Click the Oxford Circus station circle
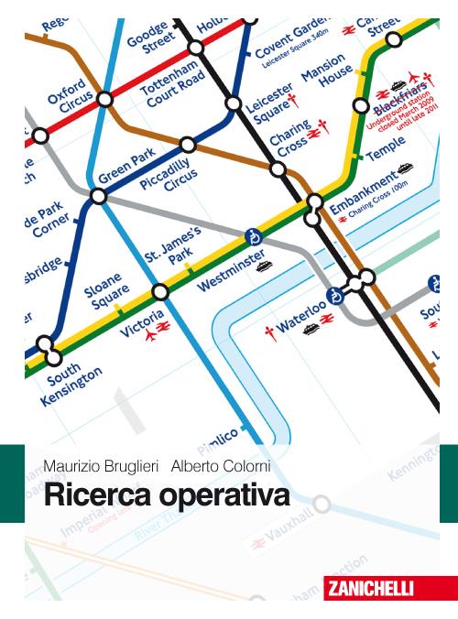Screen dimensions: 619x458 (105, 97)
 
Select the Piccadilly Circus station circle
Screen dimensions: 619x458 (188, 145)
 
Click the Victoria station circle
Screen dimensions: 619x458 (160, 291)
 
